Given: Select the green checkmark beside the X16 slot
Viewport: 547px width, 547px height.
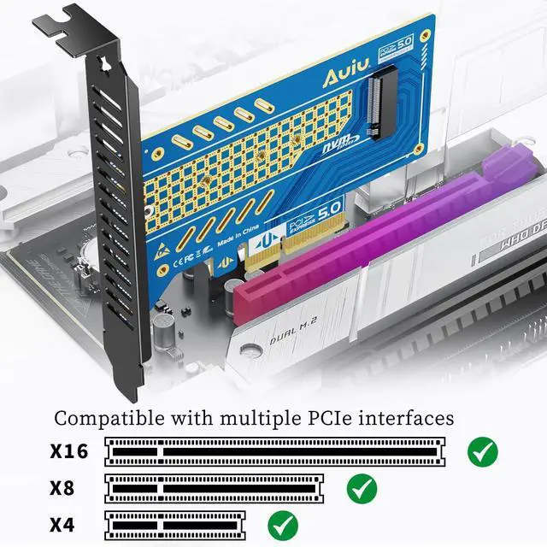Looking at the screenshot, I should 483,450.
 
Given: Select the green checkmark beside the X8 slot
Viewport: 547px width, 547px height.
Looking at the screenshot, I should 362,488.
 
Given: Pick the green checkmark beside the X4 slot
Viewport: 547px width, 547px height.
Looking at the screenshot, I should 282,523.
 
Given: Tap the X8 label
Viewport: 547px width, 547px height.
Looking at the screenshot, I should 62,488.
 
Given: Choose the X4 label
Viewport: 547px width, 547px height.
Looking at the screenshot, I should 62,523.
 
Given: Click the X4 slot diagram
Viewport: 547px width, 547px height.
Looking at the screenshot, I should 174,523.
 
